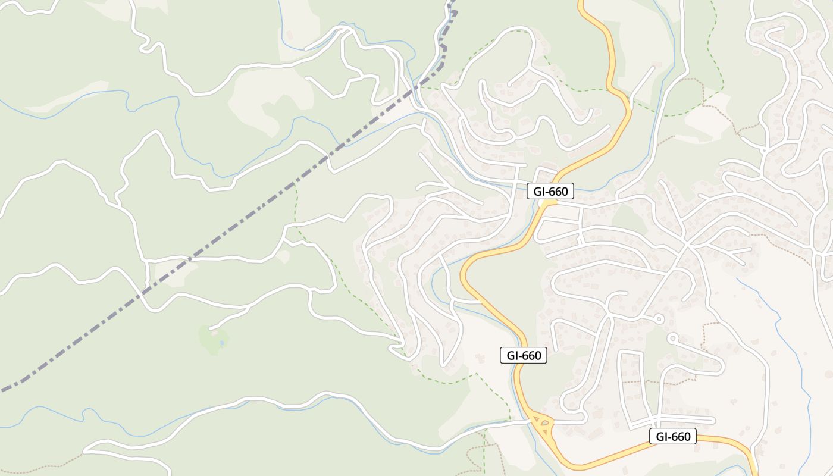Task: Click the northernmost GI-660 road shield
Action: click(550, 191)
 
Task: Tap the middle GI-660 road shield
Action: click(523, 355)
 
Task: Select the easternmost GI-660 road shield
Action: click(673, 436)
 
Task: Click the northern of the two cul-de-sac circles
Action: click(658, 320)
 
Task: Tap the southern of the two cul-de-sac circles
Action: click(672, 339)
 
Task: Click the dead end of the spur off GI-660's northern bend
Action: click(653, 68)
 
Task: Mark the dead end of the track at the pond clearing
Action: click(211, 328)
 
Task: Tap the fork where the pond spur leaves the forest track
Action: click(247, 308)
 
